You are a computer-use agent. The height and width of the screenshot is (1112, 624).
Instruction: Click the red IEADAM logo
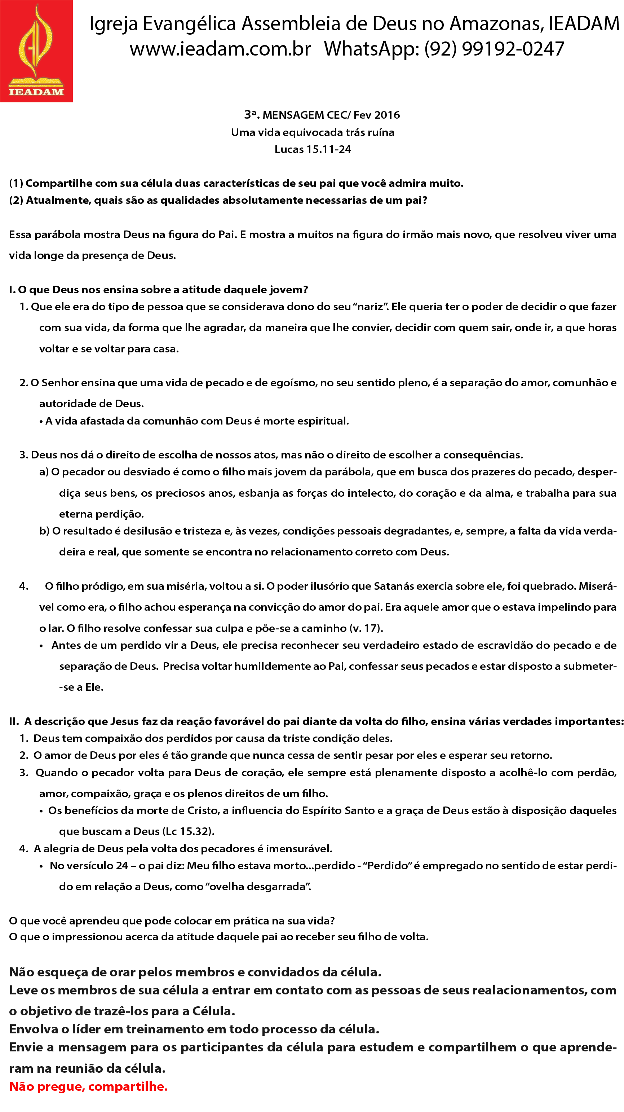[36, 51]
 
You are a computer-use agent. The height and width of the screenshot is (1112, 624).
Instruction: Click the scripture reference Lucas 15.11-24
[313, 149]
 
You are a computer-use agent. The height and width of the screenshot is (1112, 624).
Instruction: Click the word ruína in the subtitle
[381, 132]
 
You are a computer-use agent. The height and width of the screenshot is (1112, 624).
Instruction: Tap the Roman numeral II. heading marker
[14, 721]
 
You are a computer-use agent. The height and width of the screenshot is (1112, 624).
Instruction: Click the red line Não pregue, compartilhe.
[88, 1086]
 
